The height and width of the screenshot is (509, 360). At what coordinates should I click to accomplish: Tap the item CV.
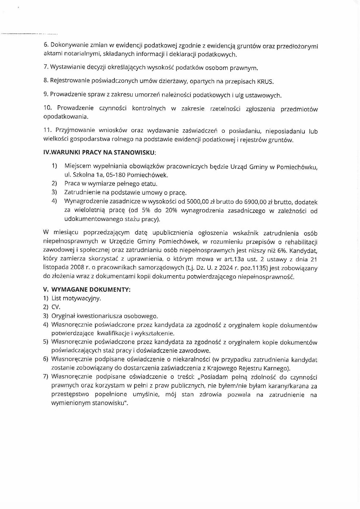click(56, 307)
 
